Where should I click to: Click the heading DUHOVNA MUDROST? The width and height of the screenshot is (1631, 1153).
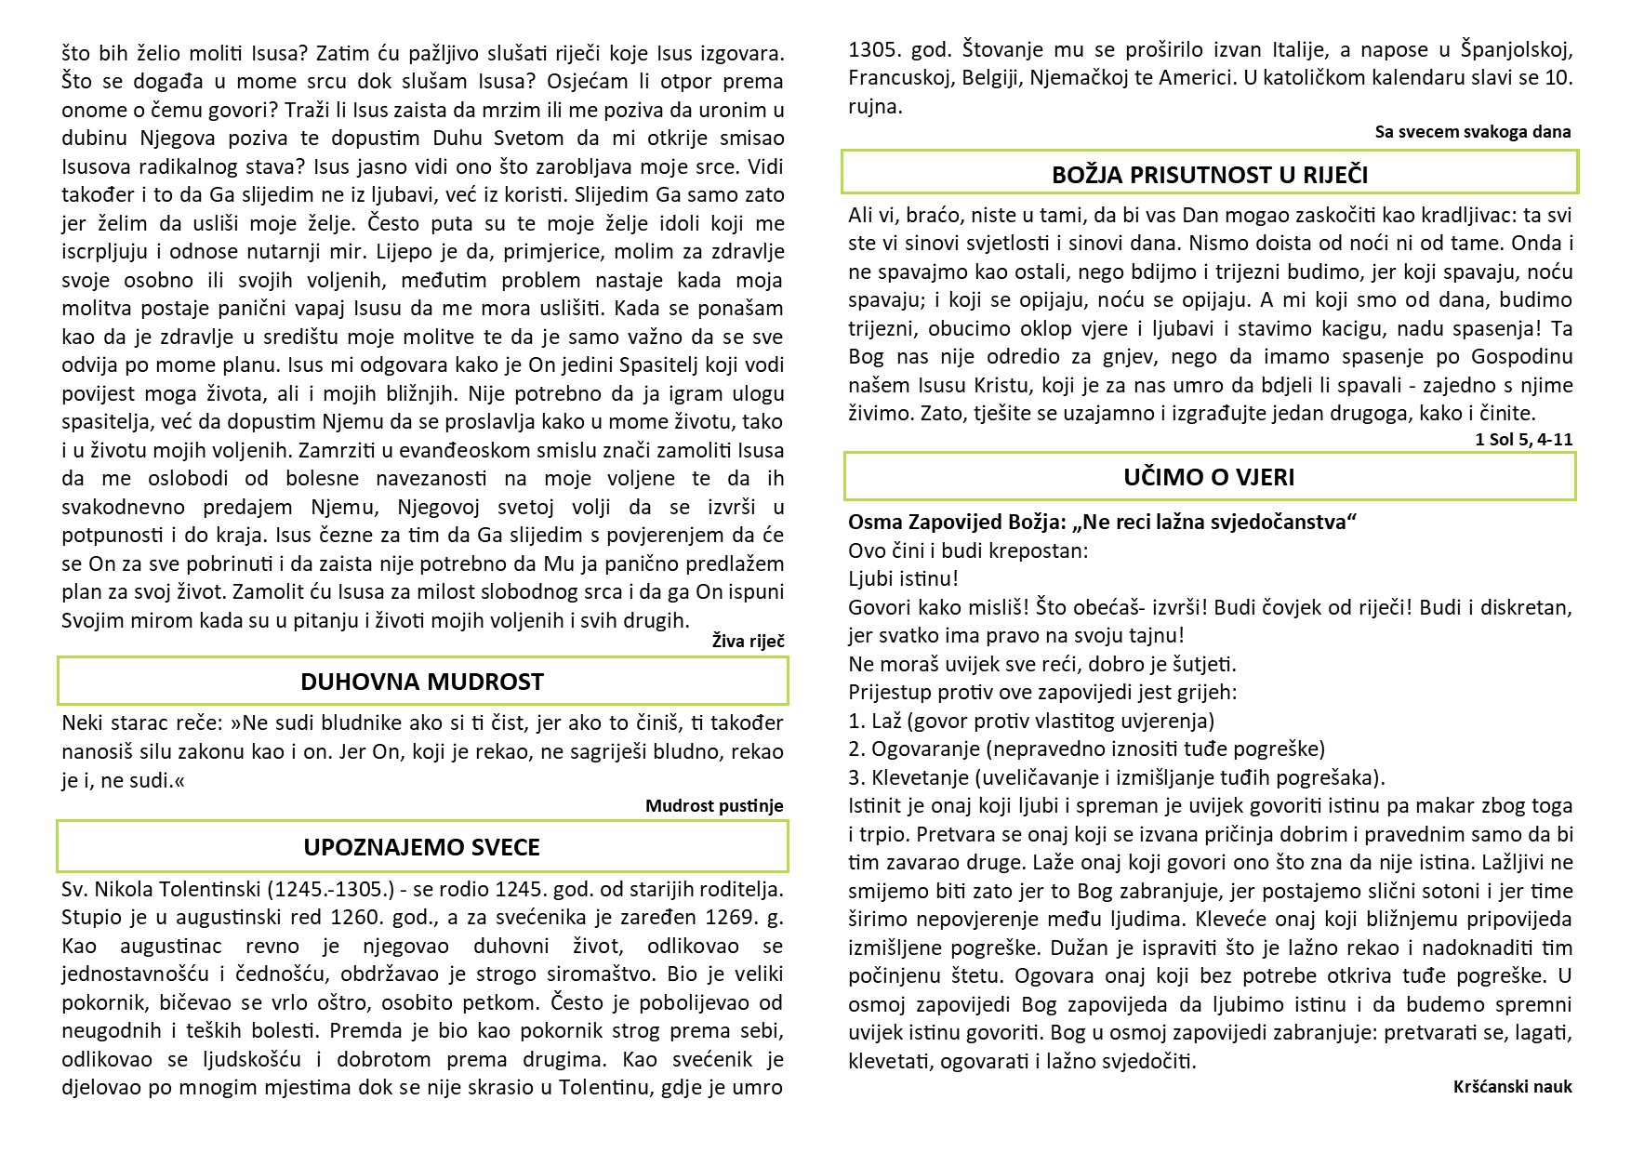pyautogui.click(x=421, y=682)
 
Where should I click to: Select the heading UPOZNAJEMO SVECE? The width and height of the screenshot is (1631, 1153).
pyautogui.click(x=421, y=847)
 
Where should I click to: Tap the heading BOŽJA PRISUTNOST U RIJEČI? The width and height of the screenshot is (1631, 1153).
pyautogui.click(x=1210, y=175)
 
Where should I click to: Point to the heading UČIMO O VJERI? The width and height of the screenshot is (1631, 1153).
pyautogui.click(x=1209, y=477)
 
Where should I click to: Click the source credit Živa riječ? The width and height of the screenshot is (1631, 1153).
pyautogui.click(x=748, y=641)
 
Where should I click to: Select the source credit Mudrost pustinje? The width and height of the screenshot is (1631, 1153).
pyautogui.click(x=714, y=806)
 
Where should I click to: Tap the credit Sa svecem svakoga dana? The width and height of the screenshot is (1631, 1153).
pyautogui.click(x=1473, y=131)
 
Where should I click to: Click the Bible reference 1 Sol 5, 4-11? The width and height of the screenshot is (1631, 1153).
pyautogui.click(x=1524, y=440)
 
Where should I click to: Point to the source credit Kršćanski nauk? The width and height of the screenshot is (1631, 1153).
pyautogui.click(x=1512, y=1086)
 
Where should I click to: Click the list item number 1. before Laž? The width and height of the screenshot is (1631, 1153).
pyautogui.click(x=856, y=721)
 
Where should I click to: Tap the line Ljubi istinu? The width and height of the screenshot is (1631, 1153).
pyautogui.click(x=903, y=578)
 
